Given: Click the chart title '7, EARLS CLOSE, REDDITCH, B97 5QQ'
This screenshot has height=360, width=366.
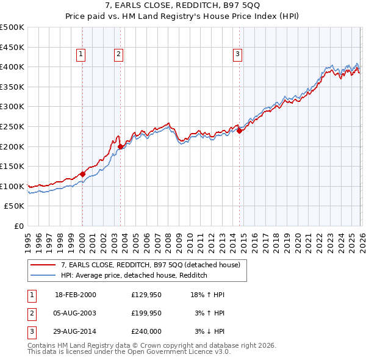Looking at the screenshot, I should [x=182, y=6].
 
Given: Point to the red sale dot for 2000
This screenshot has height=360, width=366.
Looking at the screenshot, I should [x=82, y=173].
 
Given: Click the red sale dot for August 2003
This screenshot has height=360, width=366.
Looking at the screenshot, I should [x=120, y=146].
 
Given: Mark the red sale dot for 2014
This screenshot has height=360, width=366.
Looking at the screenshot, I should [x=239, y=130].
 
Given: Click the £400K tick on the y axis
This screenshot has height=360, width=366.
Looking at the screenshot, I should [x=12, y=67].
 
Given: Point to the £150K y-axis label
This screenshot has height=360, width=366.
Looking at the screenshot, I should [x=12, y=166].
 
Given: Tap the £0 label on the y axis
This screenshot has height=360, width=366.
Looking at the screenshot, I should [x=18, y=226].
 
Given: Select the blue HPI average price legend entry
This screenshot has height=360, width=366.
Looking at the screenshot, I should [x=134, y=275].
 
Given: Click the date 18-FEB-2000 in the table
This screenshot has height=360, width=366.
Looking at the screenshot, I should [x=75, y=295].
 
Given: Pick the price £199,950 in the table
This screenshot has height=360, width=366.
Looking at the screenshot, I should [x=146, y=313].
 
